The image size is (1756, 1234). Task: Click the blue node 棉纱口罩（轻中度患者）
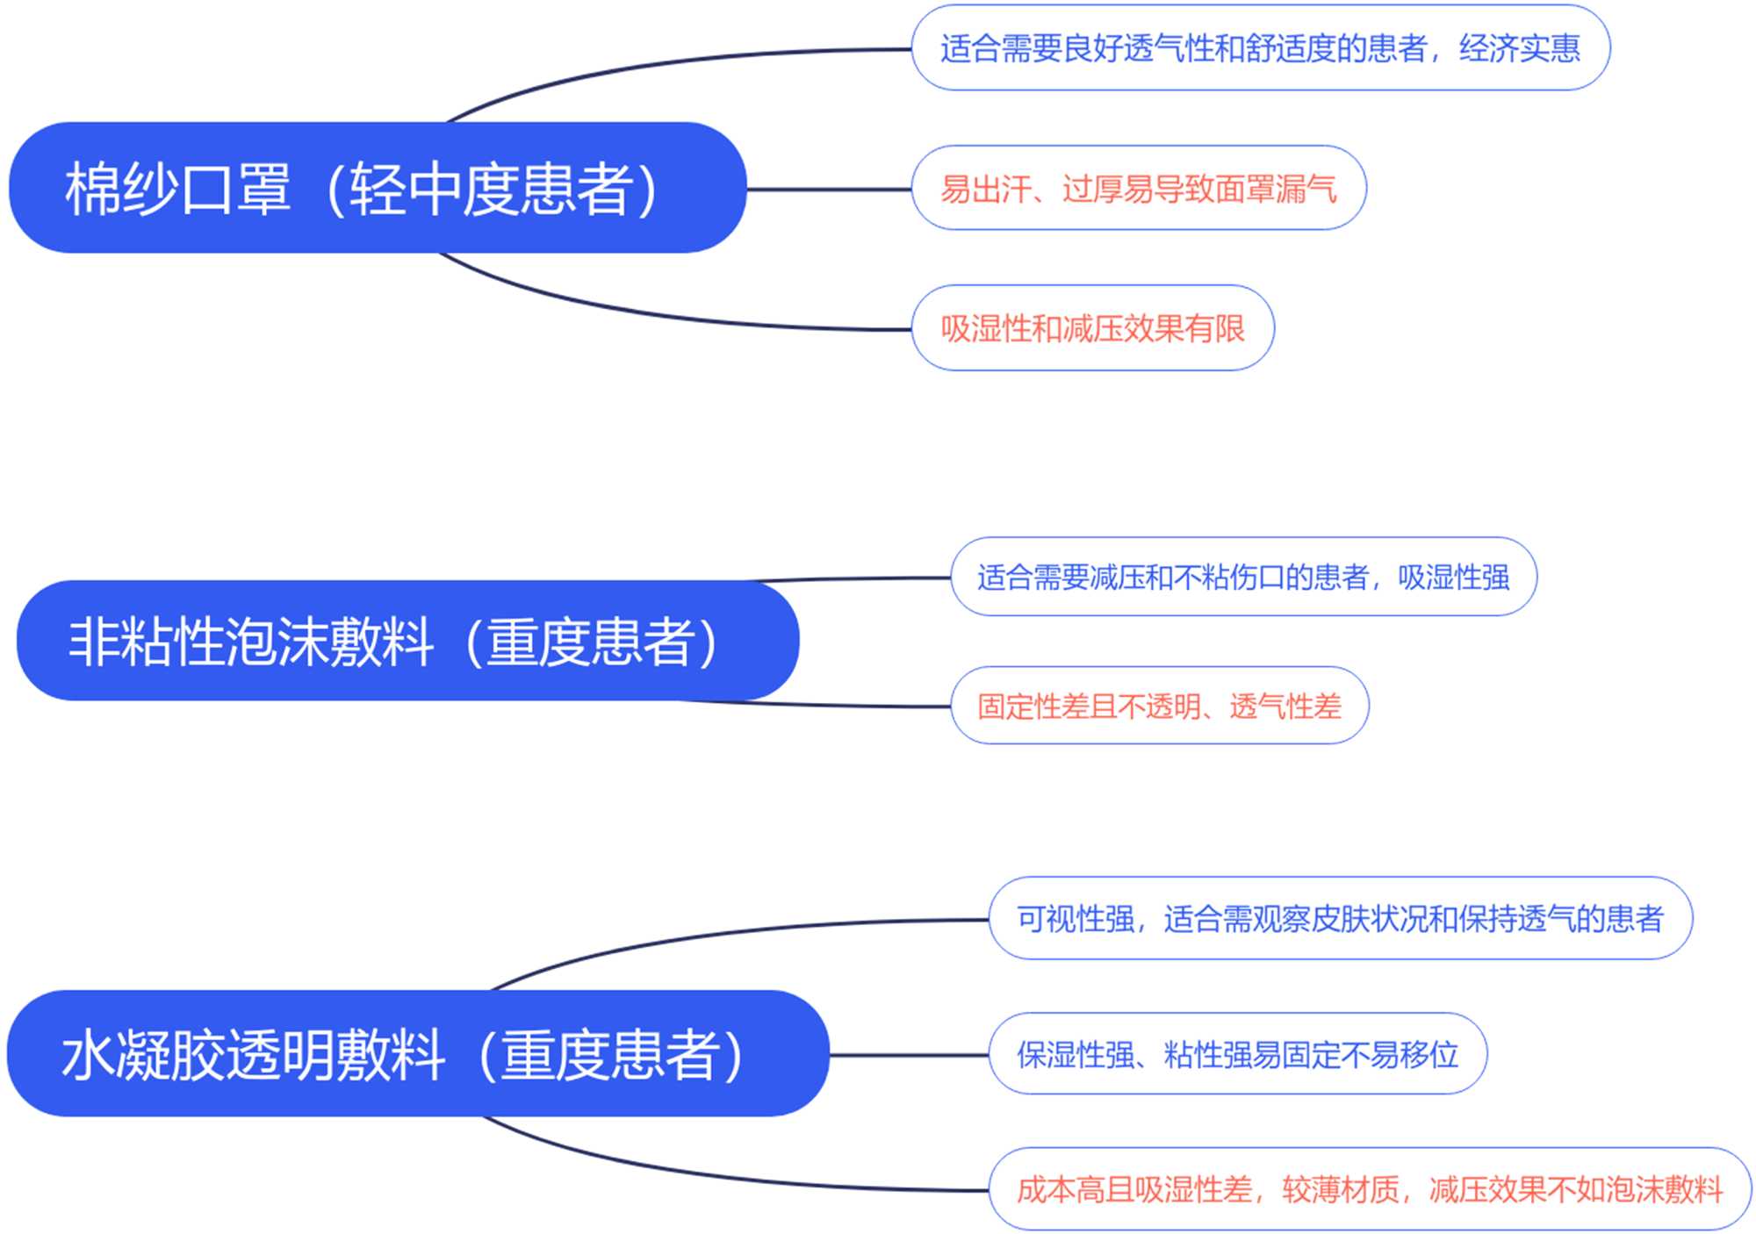378,188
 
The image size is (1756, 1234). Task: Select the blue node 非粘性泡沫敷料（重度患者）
407,641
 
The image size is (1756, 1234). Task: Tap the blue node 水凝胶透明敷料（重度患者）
418,1053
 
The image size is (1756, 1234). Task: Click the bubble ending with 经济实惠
1260,48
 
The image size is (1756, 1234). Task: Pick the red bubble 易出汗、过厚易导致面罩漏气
1138,189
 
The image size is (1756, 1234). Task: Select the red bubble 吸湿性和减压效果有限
1092,328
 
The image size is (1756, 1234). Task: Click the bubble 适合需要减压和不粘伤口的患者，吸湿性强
1243,577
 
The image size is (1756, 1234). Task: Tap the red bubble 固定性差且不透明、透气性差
1159,706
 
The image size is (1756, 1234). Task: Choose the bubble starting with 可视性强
1340,919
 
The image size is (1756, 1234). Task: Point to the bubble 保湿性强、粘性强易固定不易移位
1237,1054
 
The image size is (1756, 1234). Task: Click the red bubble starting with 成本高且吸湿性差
1370,1189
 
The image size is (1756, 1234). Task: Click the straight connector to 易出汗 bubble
829,189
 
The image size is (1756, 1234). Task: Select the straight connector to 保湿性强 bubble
909,1054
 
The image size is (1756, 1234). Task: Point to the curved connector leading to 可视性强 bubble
702,936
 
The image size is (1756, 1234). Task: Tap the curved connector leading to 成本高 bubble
702,1173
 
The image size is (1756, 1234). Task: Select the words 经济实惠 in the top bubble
1519,48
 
